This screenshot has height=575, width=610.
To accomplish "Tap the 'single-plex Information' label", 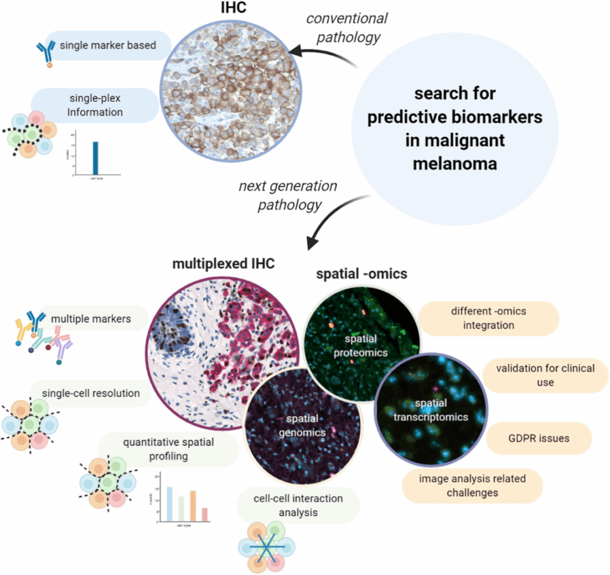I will pos(95,105).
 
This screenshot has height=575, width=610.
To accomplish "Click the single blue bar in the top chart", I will pos(95,158).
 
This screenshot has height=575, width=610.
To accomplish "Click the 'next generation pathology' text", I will pos(288,196).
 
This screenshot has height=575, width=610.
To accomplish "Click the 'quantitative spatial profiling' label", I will pos(169,450).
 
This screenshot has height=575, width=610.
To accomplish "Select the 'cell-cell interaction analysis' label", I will pos(297,505).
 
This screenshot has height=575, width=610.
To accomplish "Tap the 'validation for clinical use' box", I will pos(545,375).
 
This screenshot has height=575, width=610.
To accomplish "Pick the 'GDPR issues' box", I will pos(539,439).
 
